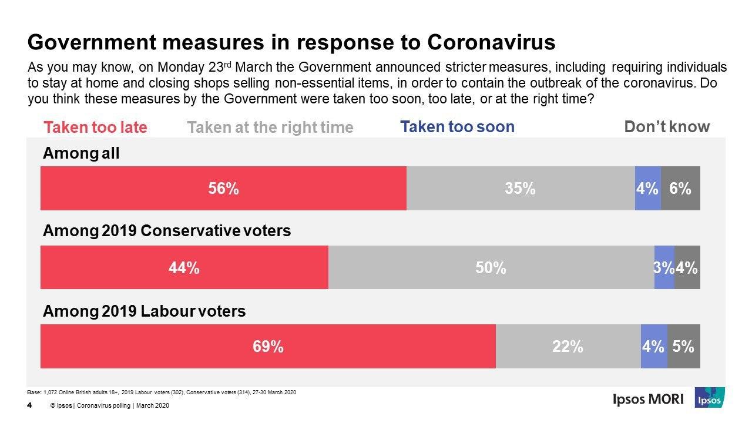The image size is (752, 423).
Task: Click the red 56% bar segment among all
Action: click(223, 188)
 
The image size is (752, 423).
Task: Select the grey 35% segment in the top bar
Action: click(521, 188)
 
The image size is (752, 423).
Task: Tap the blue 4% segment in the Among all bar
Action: click(647, 188)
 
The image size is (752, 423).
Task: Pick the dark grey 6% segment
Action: click(680, 188)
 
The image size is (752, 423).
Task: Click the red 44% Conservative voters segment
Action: click(184, 267)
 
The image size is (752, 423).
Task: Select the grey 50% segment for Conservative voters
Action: click(491, 267)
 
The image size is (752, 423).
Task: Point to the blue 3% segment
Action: click(664, 267)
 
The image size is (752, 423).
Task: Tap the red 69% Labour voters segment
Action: click(268, 347)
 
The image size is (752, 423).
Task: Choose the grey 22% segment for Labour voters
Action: click(568, 347)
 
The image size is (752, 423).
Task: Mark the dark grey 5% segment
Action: click(683, 347)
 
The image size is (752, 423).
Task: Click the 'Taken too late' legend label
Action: click(96, 127)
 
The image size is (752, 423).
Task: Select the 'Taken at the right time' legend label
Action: click(270, 127)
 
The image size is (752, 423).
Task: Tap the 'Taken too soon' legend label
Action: click(457, 127)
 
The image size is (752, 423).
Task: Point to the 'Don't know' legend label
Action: click(667, 127)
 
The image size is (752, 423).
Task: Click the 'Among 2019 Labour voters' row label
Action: click(145, 311)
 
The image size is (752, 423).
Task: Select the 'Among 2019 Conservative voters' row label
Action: click(167, 231)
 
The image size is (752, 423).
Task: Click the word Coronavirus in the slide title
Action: click(491, 43)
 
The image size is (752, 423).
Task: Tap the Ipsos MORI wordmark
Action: click(648, 399)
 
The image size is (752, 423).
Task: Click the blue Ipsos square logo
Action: click(709, 398)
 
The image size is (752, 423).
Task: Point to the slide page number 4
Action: click(29, 405)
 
